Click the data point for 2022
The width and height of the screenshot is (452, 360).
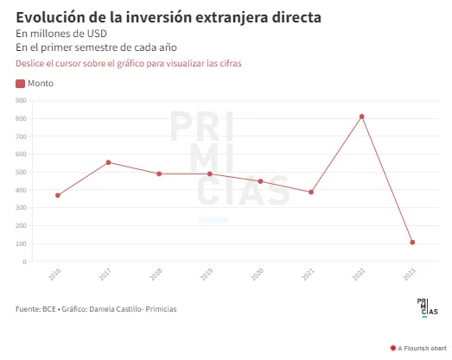point(362,117)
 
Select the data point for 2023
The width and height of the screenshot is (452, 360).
point(412,243)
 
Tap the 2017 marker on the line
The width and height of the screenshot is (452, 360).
point(108,162)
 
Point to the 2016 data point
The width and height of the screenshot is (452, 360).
point(58,195)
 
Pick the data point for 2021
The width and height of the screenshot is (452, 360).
point(311,193)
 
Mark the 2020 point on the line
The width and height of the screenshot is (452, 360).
point(261,181)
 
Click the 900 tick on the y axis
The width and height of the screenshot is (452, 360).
point(21,100)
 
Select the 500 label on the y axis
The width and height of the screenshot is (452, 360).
point(21,172)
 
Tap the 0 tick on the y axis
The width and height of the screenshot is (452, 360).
point(24,262)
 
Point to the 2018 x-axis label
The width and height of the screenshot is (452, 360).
point(156,274)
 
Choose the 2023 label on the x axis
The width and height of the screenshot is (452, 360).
point(410,274)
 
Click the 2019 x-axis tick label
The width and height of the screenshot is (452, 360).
point(207,274)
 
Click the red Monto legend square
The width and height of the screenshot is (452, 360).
point(20,84)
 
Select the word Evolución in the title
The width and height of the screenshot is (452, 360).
point(50,17)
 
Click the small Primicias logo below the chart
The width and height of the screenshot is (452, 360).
point(427,308)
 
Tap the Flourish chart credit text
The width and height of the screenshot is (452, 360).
point(422,348)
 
